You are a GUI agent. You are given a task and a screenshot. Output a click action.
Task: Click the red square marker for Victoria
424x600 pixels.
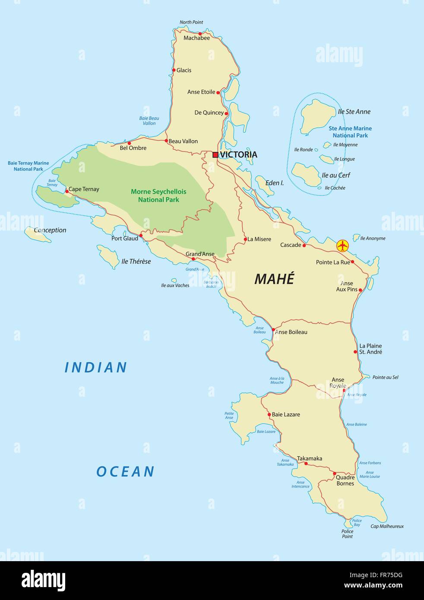pos(215,155)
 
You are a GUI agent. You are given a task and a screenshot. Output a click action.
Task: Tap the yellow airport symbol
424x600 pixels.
pos(342,246)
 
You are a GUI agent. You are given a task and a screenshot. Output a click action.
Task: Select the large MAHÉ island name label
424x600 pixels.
pos(274,279)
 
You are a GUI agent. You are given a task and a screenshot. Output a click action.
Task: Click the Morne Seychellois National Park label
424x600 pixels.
pos(158,196)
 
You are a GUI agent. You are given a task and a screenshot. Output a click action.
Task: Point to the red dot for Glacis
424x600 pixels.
pos(174,70)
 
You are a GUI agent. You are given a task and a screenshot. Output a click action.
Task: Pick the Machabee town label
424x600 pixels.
pos(196,38)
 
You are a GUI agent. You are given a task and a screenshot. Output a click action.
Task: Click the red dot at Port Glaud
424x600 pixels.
pos(141,236)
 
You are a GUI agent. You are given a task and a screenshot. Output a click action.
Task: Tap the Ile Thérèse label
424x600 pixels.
pos(136,262)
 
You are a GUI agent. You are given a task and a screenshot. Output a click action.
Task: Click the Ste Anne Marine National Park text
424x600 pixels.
pos(350,132)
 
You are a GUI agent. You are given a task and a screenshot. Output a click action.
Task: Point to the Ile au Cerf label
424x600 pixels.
pos(335,175)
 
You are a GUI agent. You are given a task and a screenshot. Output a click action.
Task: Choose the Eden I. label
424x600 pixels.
pos(275,183)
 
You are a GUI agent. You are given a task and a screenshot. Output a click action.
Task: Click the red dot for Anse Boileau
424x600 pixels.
pos(273,330)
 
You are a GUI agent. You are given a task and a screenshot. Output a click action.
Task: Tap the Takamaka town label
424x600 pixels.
pos(309,458)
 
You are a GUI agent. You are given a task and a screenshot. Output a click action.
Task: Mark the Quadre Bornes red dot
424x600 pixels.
pos(335,474)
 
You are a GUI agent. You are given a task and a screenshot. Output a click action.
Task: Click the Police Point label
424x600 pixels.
pos(347,534)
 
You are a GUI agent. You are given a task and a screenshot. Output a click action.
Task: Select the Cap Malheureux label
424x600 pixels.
pos(387,526)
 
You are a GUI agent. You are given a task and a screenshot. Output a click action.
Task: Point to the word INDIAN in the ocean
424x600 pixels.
pos(96,367)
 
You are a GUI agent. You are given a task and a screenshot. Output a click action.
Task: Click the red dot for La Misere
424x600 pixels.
pos(245,239)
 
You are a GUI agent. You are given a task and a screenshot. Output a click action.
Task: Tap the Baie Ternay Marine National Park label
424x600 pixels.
pos(28,166)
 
